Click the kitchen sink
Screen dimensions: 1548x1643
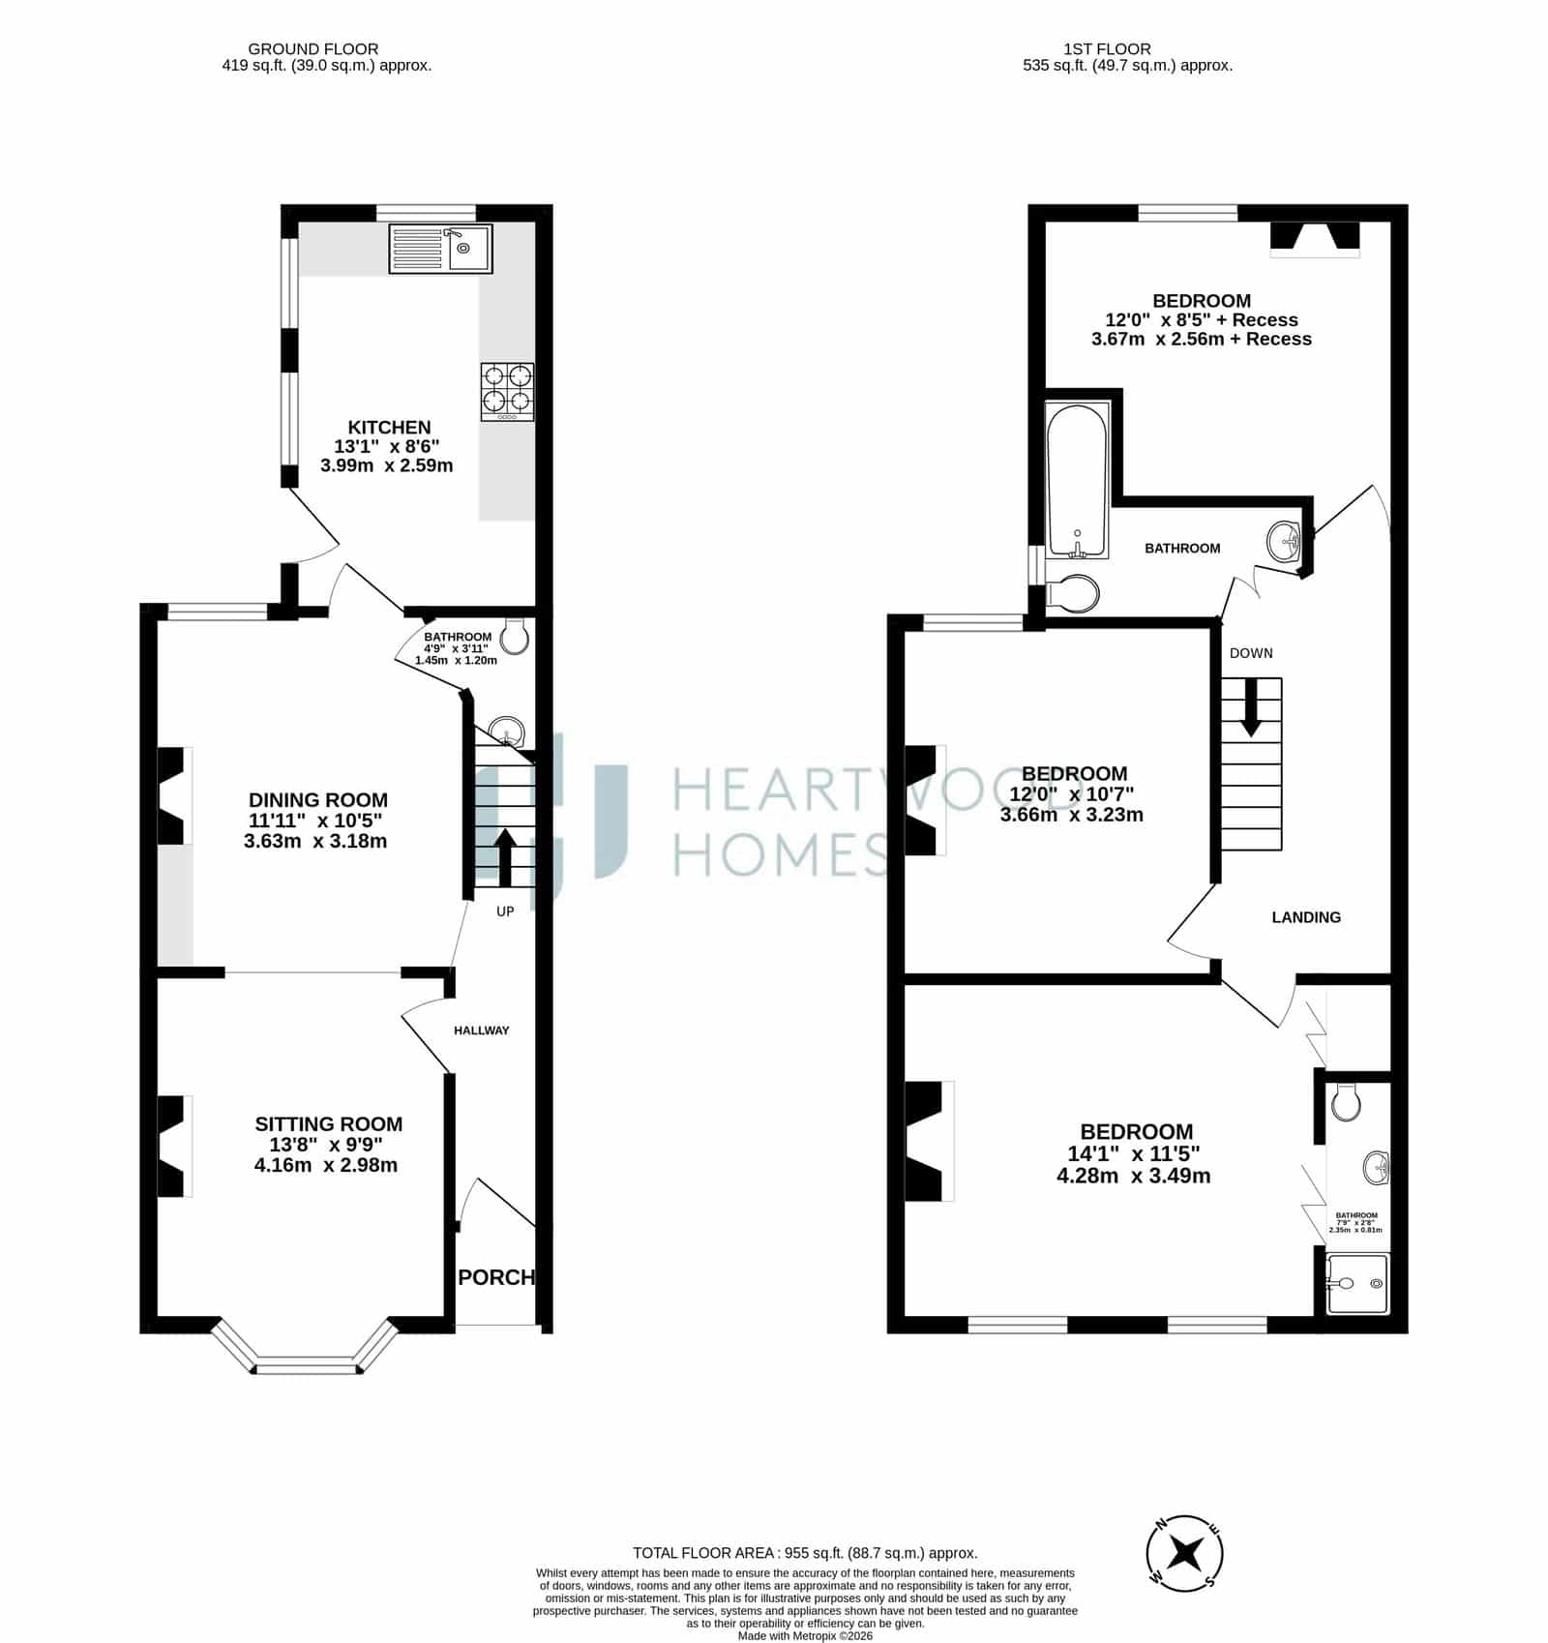pyautogui.click(x=440, y=248)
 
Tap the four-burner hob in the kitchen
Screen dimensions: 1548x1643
pyautogui.click(x=507, y=392)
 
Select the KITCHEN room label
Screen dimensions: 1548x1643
pyautogui.click(x=389, y=427)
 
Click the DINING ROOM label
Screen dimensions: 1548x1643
pyautogui.click(x=318, y=800)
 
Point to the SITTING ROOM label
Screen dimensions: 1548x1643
pyautogui.click(x=329, y=1124)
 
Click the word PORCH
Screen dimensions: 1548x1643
pyautogui.click(x=496, y=1277)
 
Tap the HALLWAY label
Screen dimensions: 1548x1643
pyautogui.click(x=481, y=1031)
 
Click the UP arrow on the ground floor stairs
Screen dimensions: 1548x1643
pyautogui.click(x=504, y=856)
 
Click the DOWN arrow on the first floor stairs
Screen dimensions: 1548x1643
pyautogui.click(x=1251, y=707)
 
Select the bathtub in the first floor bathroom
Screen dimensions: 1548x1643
pyautogui.click(x=1078, y=480)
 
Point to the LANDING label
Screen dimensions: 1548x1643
pyautogui.click(x=1306, y=917)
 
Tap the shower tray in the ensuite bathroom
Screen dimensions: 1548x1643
pyautogui.click(x=1357, y=1284)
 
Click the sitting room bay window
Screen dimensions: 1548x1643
pyautogui.click(x=304, y=1348)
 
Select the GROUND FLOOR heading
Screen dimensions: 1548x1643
pyautogui.click(x=313, y=48)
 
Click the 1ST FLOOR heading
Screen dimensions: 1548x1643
pyautogui.click(x=1107, y=48)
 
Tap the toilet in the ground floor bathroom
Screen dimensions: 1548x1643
pyautogui.click(x=514, y=636)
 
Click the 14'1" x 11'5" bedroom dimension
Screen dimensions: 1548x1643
pyautogui.click(x=1133, y=1154)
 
